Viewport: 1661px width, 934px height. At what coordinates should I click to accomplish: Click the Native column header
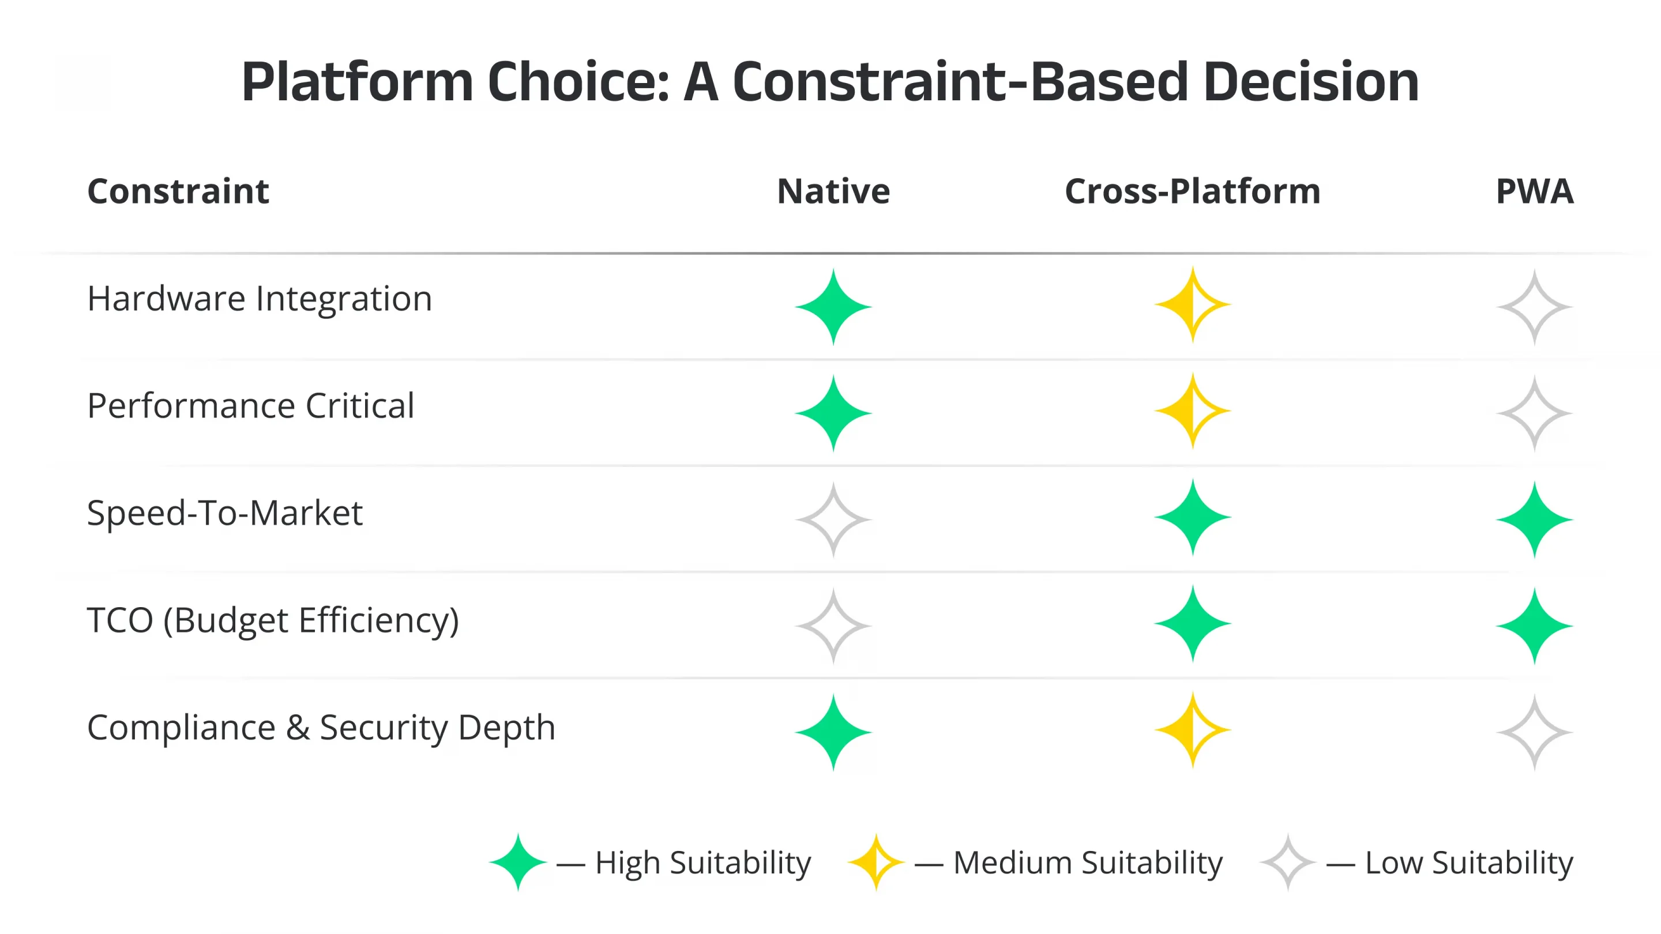click(833, 191)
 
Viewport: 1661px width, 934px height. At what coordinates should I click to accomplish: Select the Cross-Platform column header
click(1192, 191)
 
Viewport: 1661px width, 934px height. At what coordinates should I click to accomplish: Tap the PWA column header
click(1534, 191)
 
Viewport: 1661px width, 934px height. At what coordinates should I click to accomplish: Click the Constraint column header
click(178, 191)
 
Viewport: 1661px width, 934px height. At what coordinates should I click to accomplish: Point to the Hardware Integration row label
click(259, 299)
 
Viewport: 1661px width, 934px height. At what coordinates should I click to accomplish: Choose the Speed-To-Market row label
click(224, 513)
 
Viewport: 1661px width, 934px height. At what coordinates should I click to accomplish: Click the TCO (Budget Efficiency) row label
click(273, 620)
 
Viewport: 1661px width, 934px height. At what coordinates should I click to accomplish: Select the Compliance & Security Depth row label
click(321, 727)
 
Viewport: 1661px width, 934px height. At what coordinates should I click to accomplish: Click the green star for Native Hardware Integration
click(833, 307)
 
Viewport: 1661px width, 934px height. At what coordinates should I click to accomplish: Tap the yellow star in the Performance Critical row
click(1192, 410)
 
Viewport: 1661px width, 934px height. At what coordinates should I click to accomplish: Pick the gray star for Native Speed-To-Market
click(833, 519)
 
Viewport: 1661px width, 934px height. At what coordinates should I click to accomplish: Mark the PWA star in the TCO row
click(1534, 626)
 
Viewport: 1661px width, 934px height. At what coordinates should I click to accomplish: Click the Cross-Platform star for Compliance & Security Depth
click(1192, 730)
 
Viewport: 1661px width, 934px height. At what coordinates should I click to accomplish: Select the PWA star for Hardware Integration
click(1534, 307)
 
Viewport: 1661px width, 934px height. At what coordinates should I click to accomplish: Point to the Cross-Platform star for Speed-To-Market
click(1192, 518)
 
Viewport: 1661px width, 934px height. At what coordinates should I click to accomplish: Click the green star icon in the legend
click(517, 863)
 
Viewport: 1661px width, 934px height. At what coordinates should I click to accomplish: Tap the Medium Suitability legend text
click(1088, 863)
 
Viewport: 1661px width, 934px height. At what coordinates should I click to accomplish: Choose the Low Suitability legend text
click(1469, 863)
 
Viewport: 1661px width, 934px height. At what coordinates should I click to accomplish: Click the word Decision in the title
click(1311, 82)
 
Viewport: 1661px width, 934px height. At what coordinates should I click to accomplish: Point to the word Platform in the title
click(358, 82)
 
